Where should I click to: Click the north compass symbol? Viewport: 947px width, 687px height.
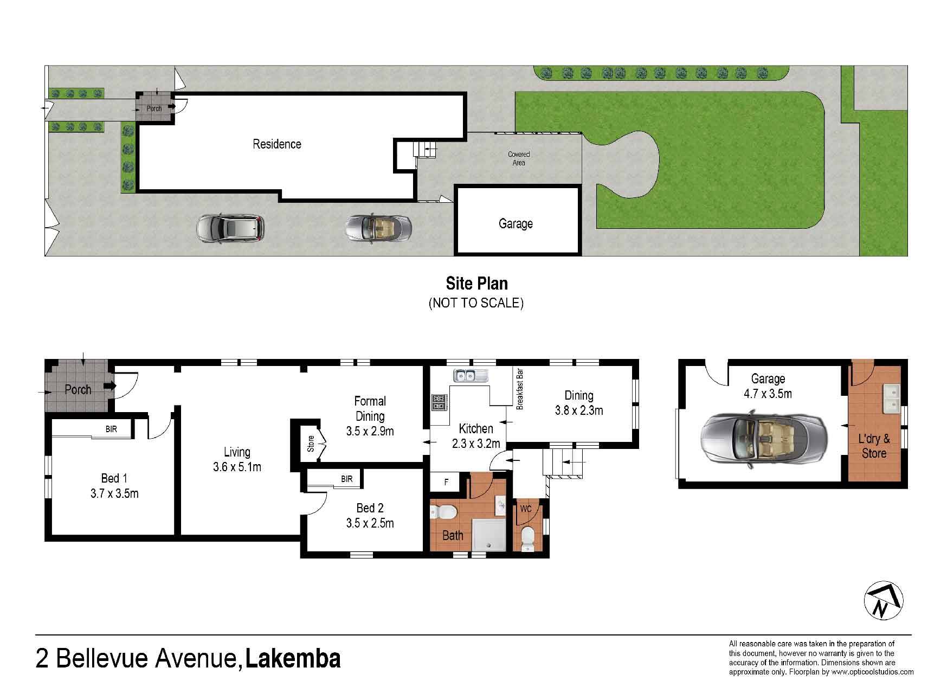tap(884, 601)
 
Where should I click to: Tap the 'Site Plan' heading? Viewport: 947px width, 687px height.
tap(476, 284)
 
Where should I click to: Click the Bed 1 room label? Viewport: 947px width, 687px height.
tap(114, 485)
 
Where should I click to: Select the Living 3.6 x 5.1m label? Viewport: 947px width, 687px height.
tap(237, 459)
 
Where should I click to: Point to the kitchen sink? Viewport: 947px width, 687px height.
tap(471, 375)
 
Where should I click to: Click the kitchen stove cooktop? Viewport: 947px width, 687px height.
tap(439, 402)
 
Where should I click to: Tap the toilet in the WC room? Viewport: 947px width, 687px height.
tap(527, 540)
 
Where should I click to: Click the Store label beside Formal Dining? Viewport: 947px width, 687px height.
tap(311, 444)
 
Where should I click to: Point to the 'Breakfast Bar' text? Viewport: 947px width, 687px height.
tap(520, 389)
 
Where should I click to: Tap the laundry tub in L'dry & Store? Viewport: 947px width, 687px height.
tap(891, 399)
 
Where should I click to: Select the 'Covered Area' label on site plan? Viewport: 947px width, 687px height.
tap(519, 158)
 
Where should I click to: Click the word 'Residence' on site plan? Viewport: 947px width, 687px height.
tap(277, 144)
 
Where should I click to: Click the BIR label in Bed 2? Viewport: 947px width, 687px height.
tap(347, 479)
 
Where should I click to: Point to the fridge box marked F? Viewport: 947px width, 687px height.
tap(446, 481)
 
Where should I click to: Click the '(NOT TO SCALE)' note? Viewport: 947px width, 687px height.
tap(476, 303)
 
